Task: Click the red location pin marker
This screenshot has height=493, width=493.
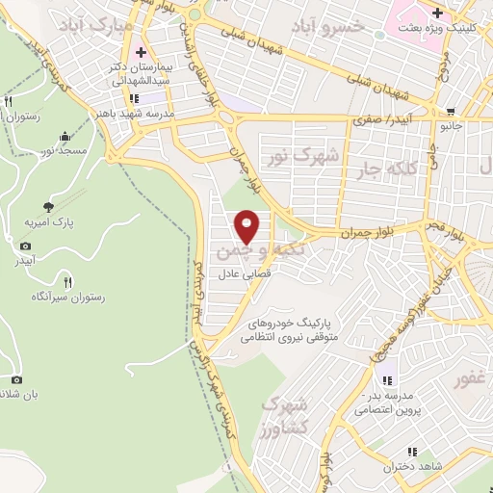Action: [248, 226]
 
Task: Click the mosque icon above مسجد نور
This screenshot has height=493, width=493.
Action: [65, 136]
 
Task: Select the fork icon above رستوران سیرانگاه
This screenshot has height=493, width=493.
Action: [66, 282]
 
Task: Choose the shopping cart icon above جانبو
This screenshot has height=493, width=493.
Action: [452, 111]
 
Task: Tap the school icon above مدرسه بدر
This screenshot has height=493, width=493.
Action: [389, 376]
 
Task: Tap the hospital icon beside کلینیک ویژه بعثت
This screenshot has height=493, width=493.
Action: [439, 13]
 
